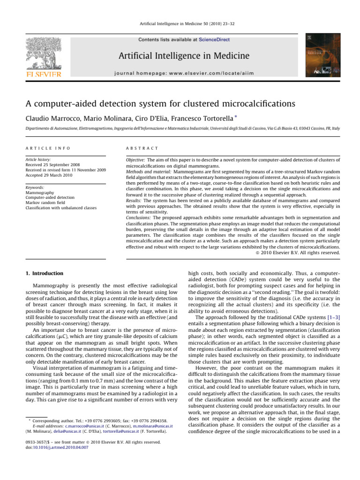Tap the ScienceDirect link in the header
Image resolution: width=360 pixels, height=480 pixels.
click(x=213, y=40)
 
